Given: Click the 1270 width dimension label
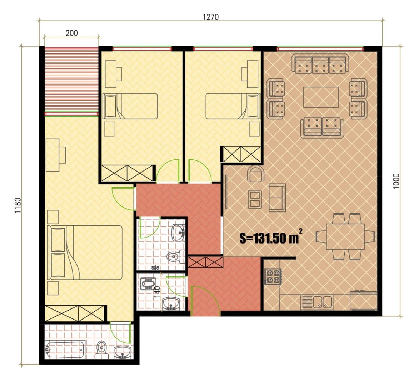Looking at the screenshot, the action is (x=210, y=17).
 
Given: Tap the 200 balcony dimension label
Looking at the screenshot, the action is (x=71, y=33).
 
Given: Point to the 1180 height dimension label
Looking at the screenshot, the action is (x=18, y=205).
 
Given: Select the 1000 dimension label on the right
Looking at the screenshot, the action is (x=396, y=181).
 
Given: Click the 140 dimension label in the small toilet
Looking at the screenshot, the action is (x=158, y=291).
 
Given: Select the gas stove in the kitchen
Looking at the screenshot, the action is (x=273, y=276).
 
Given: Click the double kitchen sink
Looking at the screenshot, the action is (x=323, y=302).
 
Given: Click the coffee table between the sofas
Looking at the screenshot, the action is (x=321, y=97).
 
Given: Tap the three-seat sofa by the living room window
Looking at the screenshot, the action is (x=320, y=64).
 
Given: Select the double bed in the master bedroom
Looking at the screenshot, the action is (x=84, y=252).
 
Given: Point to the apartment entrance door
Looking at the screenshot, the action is (x=205, y=301).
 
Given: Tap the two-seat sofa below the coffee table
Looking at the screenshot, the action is (x=322, y=127).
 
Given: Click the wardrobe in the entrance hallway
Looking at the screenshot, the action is (x=205, y=262).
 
